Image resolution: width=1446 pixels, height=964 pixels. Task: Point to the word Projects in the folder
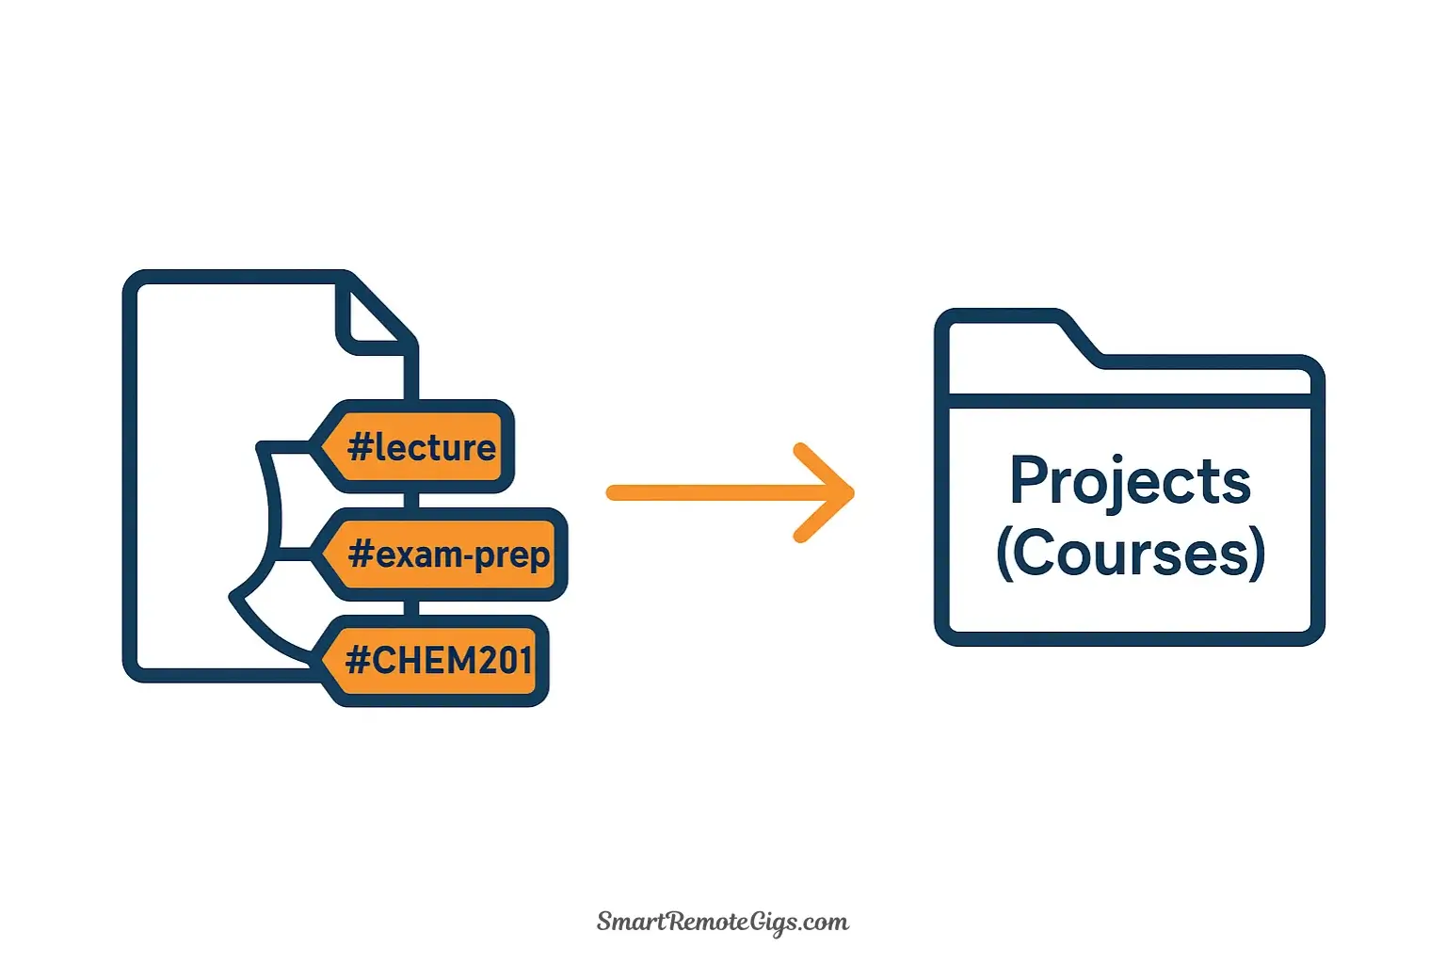tap(1130, 482)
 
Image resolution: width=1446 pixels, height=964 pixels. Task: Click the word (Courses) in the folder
tap(1130, 554)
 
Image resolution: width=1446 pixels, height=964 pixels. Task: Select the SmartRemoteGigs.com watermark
tap(723, 922)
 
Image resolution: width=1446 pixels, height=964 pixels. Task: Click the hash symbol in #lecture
tap(360, 447)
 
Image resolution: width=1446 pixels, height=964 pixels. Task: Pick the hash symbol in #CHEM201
tap(358, 661)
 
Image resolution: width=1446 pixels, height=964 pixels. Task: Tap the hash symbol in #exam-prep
tap(361, 554)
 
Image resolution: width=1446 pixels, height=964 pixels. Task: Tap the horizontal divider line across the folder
tap(1130, 401)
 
